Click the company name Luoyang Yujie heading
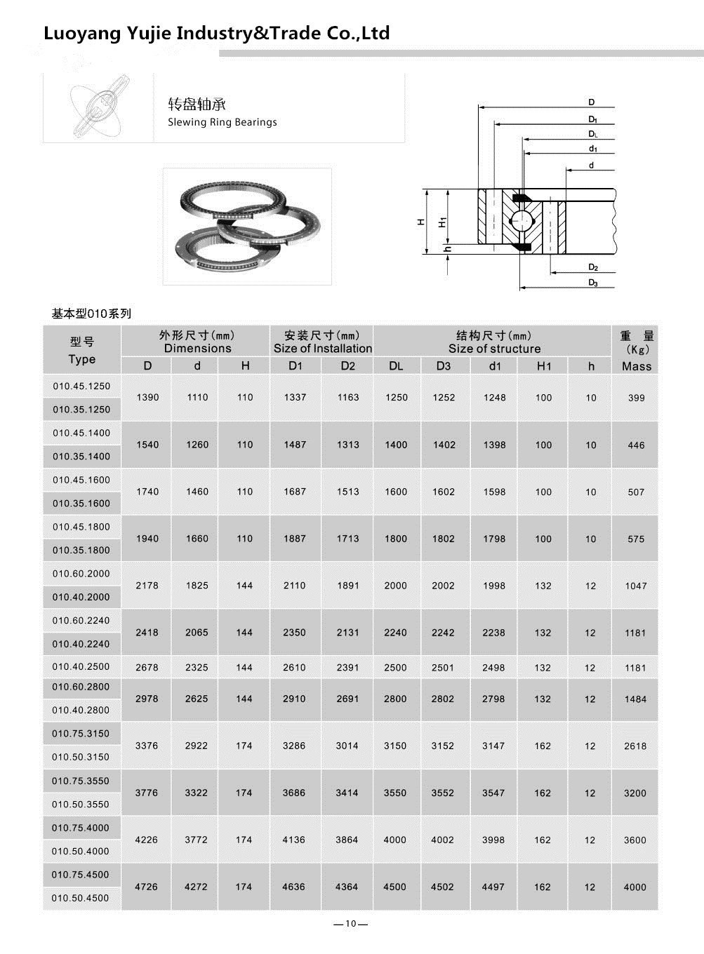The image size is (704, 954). click(216, 33)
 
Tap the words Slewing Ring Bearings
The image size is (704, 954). click(222, 122)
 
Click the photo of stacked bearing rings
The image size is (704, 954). click(247, 226)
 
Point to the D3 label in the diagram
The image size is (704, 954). click(593, 283)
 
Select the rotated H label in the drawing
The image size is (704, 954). click(421, 222)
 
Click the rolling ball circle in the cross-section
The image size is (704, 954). click(520, 220)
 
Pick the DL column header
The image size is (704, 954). click(396, 365)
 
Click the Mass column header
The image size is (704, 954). click(636, 365)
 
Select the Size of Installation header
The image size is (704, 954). click(322, 349)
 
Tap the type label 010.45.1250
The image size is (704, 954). click(81, 386)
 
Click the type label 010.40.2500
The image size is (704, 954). click(81, 666)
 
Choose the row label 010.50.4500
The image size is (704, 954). click(81, 898)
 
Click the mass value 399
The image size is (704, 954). click(636, 398)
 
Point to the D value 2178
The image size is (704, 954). click(147, 585)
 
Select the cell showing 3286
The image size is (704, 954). click(293, 746)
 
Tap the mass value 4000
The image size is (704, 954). click(635, 887)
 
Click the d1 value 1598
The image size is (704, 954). click(494, 492)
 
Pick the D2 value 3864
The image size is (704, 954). click(347, 840)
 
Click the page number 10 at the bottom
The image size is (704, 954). click(351, 923)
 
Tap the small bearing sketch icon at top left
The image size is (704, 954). click(98, 108)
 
